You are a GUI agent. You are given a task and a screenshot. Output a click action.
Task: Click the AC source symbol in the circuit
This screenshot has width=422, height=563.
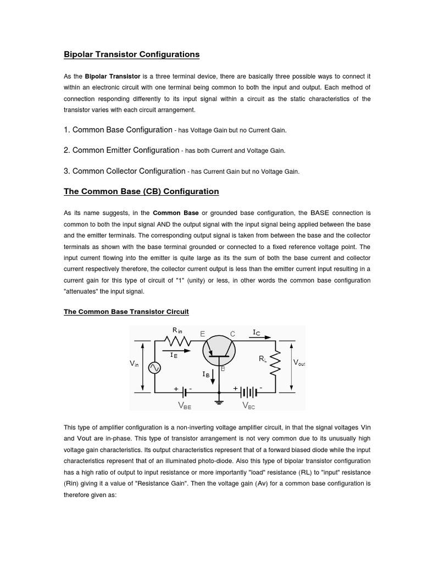click(155, 368)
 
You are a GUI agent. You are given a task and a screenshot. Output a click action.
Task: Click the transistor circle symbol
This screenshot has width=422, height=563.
click(219, 349)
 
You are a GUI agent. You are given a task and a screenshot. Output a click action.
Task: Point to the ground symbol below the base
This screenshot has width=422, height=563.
click(219, 402)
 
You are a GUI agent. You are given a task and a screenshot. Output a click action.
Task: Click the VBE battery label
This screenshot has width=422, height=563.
click(184, 406)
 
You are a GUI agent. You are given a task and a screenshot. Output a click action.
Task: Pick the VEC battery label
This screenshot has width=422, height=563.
click(249, 406)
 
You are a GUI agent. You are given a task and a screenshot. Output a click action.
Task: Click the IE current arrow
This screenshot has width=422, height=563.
click(179, 349)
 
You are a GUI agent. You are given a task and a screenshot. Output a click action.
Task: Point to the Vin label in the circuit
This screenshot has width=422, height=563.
click(135, 363)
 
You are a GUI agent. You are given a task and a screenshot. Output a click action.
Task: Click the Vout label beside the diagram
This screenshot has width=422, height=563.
click(299, 363)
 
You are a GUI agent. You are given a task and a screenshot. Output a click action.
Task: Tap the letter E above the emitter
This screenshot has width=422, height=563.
click(203, 334)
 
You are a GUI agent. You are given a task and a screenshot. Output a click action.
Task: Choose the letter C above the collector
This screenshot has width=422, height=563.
click(232, 334)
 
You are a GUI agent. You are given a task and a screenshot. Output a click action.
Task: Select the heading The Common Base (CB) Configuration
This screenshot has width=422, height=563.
click(141, 191)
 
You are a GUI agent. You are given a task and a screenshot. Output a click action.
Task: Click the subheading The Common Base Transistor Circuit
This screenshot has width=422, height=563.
click(126, 312)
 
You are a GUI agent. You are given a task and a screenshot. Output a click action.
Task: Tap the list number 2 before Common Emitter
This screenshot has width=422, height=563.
click(66, 150)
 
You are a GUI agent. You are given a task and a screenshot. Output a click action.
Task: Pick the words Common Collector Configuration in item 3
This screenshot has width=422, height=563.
click(129, 171)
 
